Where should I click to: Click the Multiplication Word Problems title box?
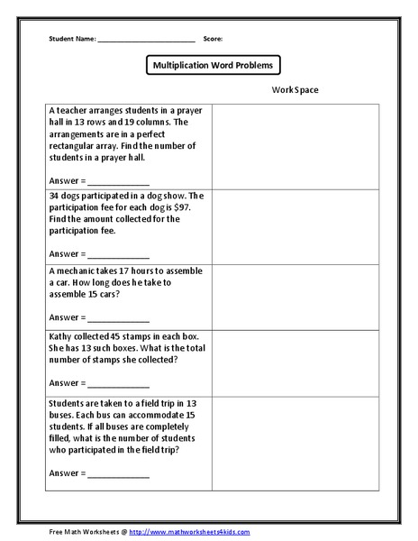[213, 65]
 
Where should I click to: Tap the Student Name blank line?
[146, 41]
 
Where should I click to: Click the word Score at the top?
[213, 40]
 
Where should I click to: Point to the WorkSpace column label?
[294, 90]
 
